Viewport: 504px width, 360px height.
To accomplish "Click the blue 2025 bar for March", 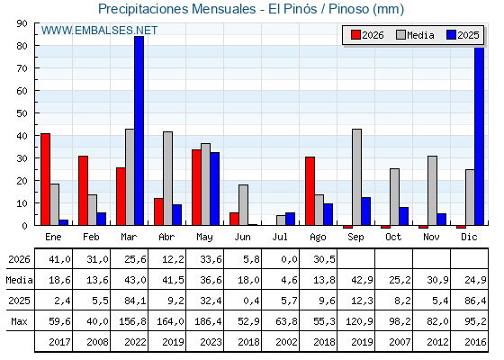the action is [139, 130].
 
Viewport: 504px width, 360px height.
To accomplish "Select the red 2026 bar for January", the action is [45, 179].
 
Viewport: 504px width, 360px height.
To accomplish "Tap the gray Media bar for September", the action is [356, 177].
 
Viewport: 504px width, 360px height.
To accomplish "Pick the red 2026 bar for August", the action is [310, 191].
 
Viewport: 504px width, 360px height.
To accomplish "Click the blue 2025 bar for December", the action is [479, 136].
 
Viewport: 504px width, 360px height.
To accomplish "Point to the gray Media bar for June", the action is [243, 205].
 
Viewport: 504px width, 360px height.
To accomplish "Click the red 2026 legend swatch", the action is [355, 35].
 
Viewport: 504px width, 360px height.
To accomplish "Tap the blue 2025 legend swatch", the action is [451, 35].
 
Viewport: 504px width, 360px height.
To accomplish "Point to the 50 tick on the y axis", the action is [36, 113].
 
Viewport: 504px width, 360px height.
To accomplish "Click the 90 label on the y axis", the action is [22, 23].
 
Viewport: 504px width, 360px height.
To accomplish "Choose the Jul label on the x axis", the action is [280, 237].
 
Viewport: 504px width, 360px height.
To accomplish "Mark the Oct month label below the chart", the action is [393, 237].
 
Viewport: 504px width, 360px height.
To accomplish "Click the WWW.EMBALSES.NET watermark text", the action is [99, 31].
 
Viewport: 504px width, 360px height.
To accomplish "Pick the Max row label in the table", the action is [19, 321].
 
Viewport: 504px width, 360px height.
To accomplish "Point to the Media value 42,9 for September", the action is [362, 280].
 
